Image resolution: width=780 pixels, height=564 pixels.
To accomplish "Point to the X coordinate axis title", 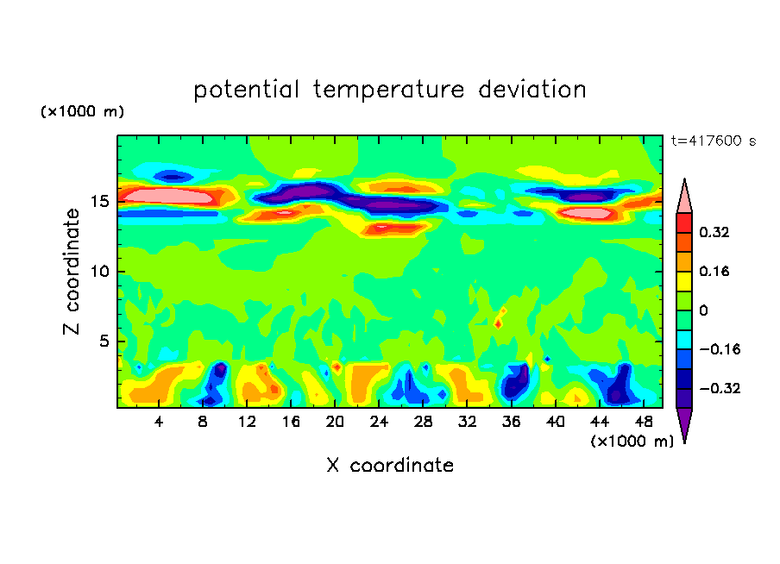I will pyautogui.click(x=390, y=466).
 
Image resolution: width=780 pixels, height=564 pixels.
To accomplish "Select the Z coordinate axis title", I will pyautogui.click(x=72, y=272).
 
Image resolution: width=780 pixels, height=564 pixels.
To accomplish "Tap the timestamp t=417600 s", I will pyautogui.click(x=713, y=141).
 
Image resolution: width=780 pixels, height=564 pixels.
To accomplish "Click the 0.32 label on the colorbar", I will pyautogui.click(x=716, y=232).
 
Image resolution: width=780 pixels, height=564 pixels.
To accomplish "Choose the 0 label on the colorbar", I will pyautogui.click(x=703, y=310).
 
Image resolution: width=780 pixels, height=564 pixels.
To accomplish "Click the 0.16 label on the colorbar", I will pyautogui.click(x=716, y=272).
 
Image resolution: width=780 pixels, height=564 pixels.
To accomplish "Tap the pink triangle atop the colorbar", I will pyautogui.click(x=684, y=196).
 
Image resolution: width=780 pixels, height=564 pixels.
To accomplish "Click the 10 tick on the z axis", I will pyautogui.click(x=98, y=271).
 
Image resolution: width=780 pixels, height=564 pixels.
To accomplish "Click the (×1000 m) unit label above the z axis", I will pyautogui.click(x=82, y=112).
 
